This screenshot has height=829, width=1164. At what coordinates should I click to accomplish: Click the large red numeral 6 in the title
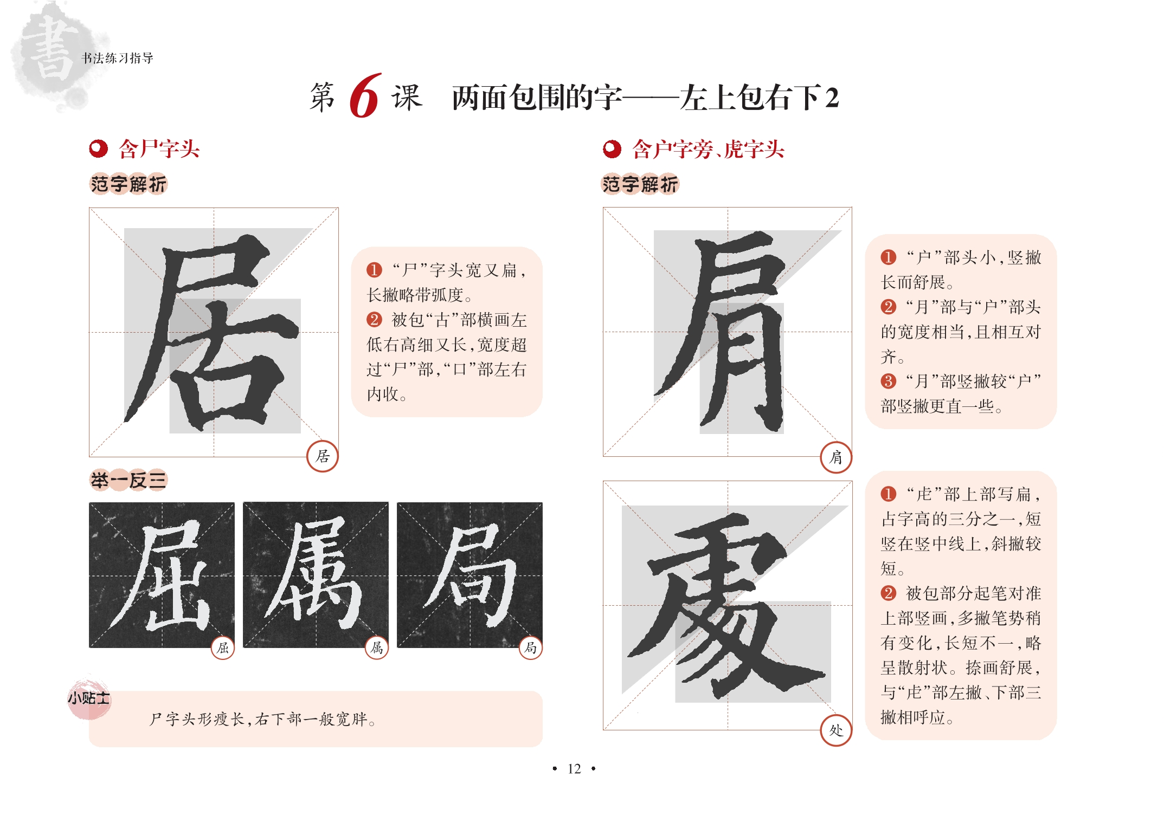tap(365, 96)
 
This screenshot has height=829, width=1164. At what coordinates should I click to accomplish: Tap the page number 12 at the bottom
tap(574, 769)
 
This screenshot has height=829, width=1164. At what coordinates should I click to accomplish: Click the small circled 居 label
tap(323, 456)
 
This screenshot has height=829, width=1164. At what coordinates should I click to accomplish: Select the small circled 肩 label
tap(836, 457)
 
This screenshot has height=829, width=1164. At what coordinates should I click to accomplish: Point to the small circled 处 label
tap(836, 730)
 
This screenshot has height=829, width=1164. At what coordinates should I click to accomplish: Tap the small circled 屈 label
tap(223, 647)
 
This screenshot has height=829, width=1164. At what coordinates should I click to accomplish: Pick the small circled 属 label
tap(377, 647)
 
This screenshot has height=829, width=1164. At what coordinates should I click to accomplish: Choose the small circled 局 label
tap(531, 647)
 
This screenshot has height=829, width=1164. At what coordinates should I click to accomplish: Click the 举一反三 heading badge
tap(128, 480)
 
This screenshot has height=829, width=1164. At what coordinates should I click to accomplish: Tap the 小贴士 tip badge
tap(89, 698)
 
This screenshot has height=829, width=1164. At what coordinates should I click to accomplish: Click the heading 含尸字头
tap(159, 149)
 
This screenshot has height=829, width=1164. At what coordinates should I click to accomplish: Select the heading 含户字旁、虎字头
tap(708, 149)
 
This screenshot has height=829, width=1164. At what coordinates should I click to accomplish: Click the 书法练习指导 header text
tap(117, 58)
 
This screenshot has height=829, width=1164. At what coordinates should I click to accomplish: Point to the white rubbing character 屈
tap(162, 576)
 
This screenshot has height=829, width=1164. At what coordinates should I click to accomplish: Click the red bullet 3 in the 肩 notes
tap(888, 381)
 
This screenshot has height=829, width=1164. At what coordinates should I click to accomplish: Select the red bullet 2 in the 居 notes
tap(374, 320)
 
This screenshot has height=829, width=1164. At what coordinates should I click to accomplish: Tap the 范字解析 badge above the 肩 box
tap(640, 184)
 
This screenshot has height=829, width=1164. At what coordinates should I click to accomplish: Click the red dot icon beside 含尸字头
tap(98, 149)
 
